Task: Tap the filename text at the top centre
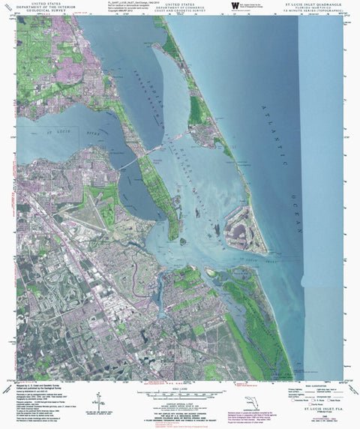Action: pos(138,4)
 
